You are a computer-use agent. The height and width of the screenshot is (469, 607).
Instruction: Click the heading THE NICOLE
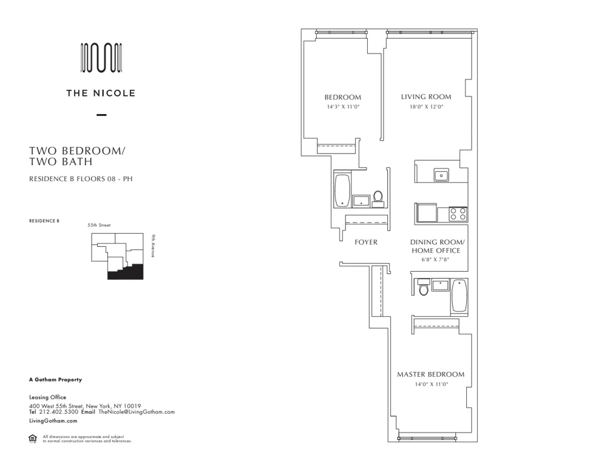coord(101,93)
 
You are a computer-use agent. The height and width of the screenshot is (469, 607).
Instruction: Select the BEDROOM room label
coord(342,97)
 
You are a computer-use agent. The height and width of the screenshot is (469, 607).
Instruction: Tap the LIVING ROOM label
coord(426,97)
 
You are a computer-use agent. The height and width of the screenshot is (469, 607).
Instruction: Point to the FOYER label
coord(366,242)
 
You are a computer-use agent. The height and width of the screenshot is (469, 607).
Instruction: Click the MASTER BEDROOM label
coord(430,374)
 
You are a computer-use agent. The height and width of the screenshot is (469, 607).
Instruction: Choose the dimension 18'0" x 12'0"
coord(426,107)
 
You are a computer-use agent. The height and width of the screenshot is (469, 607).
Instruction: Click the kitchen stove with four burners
coord(458,214)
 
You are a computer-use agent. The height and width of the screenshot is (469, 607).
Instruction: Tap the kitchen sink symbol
coord(441,175)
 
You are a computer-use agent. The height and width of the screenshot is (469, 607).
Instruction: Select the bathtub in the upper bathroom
coord(342,190)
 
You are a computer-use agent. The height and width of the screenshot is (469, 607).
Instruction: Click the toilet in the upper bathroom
coord(378,198)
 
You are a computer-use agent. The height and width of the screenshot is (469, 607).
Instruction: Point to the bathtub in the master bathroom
coord(459,295)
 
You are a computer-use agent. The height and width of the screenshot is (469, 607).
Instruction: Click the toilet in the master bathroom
coord(424,288)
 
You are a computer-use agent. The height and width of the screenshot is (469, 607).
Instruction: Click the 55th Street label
coord(100,225)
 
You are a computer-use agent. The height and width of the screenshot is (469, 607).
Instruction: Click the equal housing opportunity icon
coord(33,439)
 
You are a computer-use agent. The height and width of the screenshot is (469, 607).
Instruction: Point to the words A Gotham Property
coord(55,380)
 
